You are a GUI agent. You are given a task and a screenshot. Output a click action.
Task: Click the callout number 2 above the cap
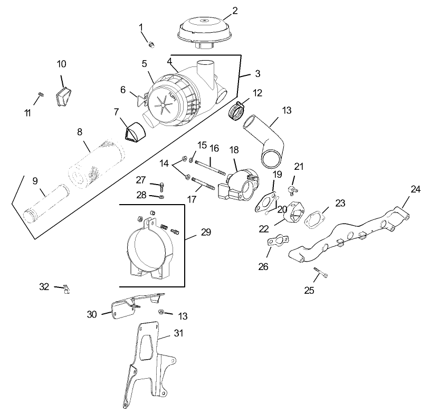click(235, 10)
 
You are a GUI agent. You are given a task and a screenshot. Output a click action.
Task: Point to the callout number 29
click(205, 232)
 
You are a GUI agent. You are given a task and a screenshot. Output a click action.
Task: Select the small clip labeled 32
click(66, 288)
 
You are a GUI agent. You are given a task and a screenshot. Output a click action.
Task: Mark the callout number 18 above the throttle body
click(234, 150)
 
